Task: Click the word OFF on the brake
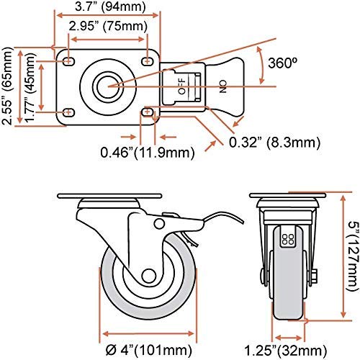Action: [181, 86]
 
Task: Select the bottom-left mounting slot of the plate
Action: [69, 112]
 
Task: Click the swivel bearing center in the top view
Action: [109, 85]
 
